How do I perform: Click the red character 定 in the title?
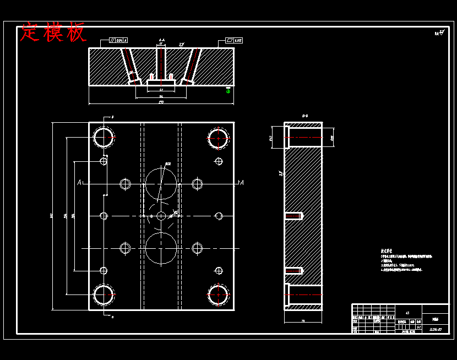[x=31, y=32]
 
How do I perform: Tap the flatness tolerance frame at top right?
[x=235, y=40]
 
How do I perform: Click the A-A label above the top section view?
[x=161, y=40]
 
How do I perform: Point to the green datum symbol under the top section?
[x=228, y=91]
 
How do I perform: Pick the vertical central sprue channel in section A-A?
[x=161, y=63]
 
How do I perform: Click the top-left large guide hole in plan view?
[x=104, y=137]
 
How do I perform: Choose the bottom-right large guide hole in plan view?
[x=219, y=296]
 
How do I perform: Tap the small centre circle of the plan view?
[x=161, y=216]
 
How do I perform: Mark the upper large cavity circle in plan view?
[x=161, y=183]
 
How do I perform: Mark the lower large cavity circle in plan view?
[x=161, y=248]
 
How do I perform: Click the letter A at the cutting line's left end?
[x=80, y=183]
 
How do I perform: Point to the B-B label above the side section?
[x=304, y=116]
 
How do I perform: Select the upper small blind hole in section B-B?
[x=293, y=216]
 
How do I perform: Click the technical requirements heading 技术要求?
[x=389, y=250]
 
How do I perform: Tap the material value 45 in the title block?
[x=407, y=313]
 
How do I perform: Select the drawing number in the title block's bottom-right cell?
[x=436, y=329]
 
